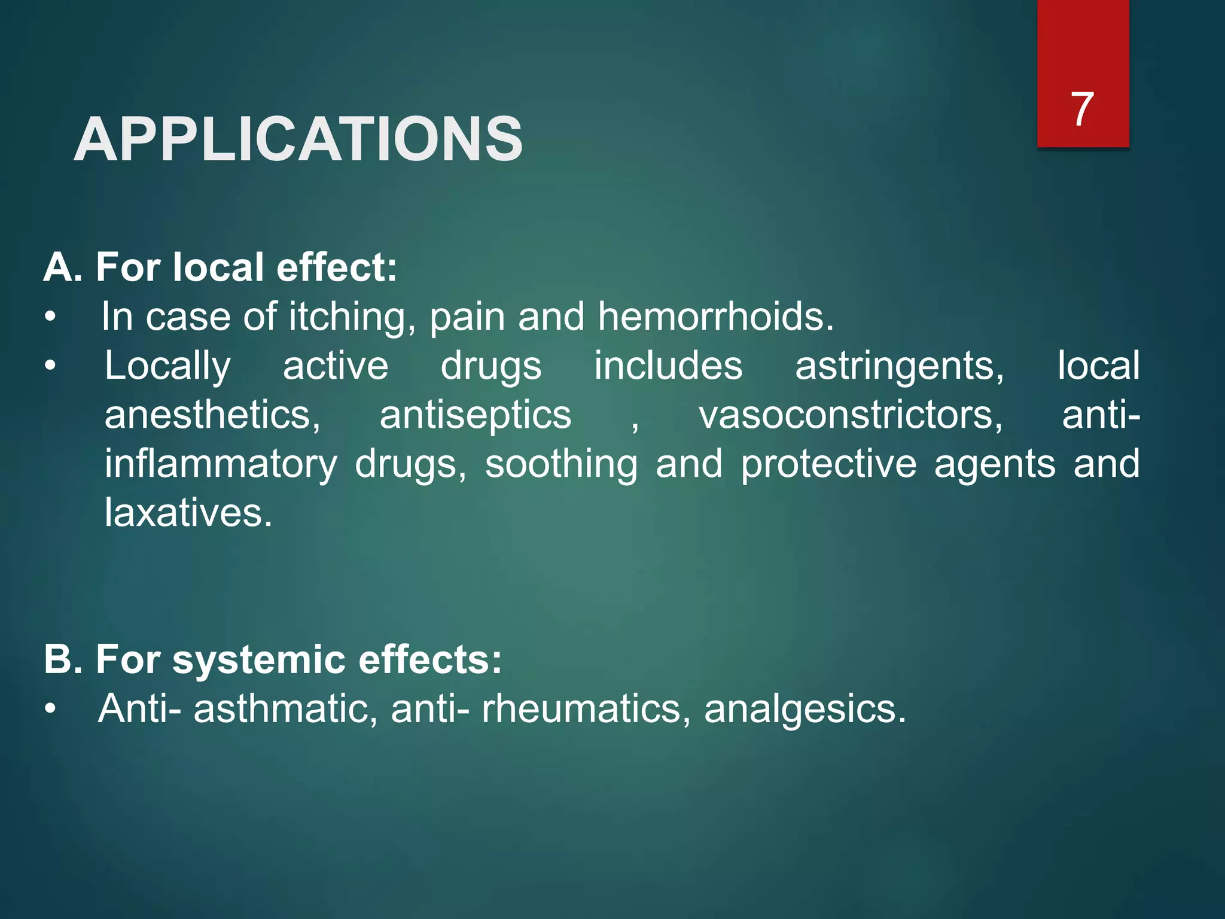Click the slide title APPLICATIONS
(x=298, y=139)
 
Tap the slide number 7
(x=1082, y=109)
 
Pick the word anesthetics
(x=212, y=415)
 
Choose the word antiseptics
(x=476, y=415)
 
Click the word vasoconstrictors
(x=851, y=415)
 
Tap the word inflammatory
(x=221, y=464)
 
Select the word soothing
(x=561, y=464)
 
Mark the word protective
(x=828, y=464)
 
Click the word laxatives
(x=188, y=513)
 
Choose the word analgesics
(x=805, y=710)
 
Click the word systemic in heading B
(x=259, y=660)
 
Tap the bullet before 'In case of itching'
(x=50, y=317)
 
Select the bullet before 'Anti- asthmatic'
(x=50, y=709)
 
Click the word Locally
(x=167, y=366)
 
